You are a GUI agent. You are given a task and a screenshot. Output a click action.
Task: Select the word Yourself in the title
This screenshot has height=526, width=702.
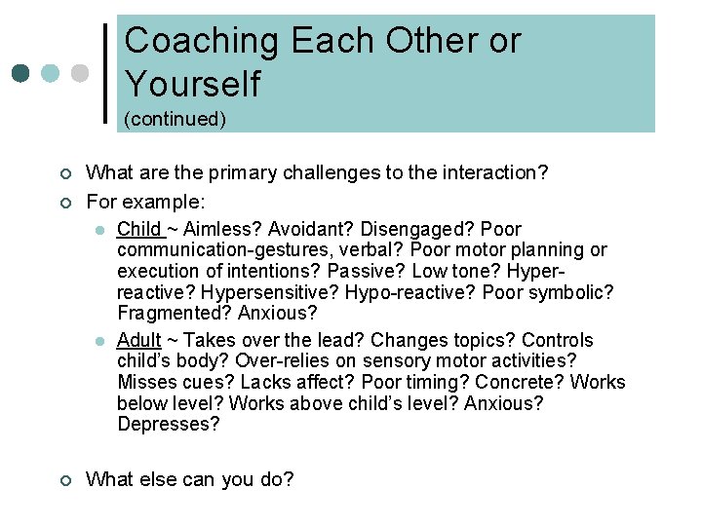click(193, 84)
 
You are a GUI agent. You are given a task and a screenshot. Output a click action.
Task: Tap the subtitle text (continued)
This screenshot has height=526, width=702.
click(175, 119)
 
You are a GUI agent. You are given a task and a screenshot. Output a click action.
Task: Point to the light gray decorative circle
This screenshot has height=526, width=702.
click(81, 74)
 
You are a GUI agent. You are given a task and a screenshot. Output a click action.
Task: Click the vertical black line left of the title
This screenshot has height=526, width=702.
click(105, 73)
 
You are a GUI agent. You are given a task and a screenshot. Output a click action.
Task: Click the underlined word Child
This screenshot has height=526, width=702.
click(138, 229)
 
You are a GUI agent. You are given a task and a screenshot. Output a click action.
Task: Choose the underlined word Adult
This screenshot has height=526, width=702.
click(138, 340)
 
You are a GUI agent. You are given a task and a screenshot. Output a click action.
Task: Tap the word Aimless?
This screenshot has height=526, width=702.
click(221, 229)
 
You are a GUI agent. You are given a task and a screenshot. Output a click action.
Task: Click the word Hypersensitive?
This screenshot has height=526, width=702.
click(256, 292)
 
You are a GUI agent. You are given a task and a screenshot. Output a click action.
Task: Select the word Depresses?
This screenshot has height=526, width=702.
click(169, 425)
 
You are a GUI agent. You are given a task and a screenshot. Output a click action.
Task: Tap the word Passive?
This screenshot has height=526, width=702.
click(364, 271)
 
